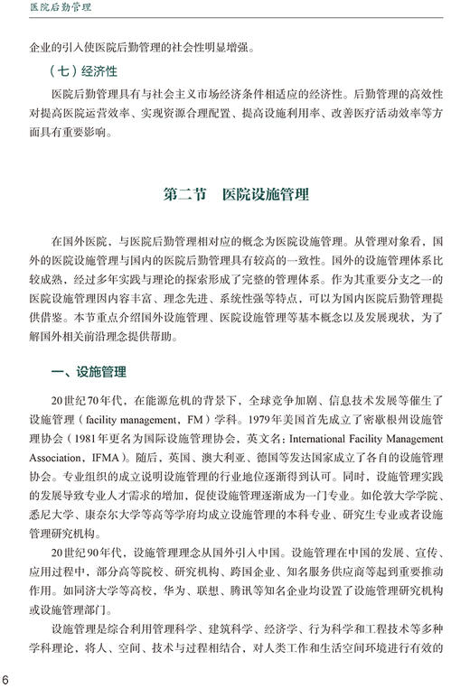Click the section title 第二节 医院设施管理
pos(235,194)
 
